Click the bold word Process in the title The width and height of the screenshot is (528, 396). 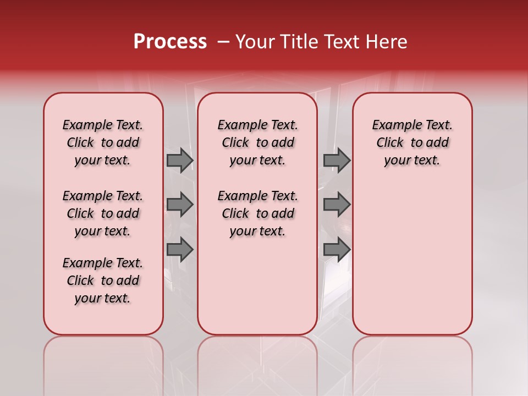click(x=170, y=42)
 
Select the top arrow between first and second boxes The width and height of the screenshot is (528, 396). click(x=180, y=160)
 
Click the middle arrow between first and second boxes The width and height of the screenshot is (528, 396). click(x=180, y=205)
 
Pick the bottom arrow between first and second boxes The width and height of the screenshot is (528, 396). click(x=180, y=249)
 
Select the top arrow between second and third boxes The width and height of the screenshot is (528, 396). click(x=337, y=160)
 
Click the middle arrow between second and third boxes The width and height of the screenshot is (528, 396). click(x=337, y=205)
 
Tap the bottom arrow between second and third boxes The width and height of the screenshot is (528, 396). click(x=337, y=249)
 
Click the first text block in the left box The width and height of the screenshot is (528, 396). click(x=103, y=142)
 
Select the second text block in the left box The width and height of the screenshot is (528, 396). click(x=103, y=213)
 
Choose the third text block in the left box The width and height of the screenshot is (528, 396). click(x=103, y=280)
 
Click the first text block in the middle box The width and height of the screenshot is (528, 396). click(x=258, y=142)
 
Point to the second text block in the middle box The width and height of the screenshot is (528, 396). click(x=258, y=213)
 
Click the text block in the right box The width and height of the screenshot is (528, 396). click(x=413, y=142)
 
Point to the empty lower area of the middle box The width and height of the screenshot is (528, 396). click(x=258, y=286)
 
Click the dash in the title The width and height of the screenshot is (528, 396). click(x=223, y=42)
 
